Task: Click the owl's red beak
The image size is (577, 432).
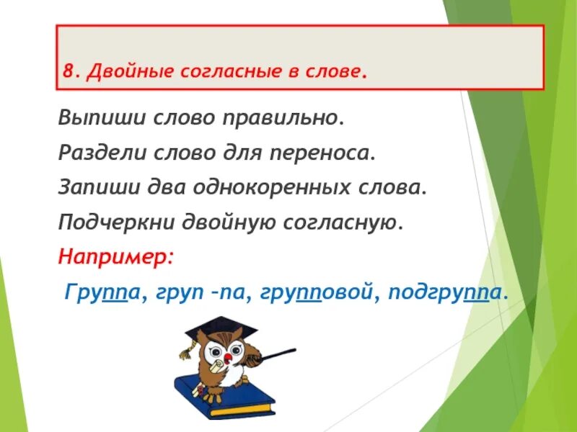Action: click(228, 357)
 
